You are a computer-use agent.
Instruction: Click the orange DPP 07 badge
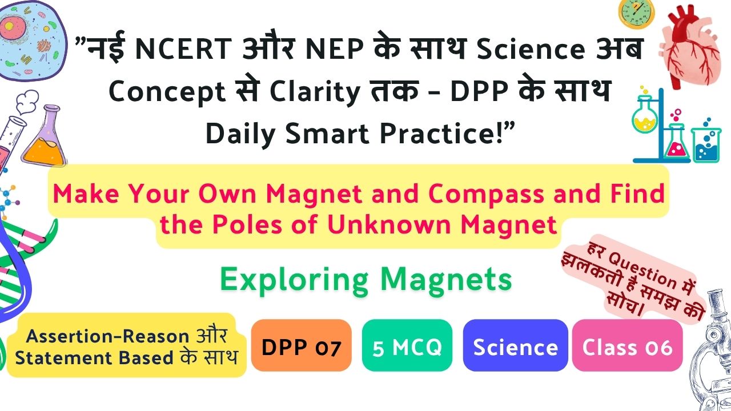pos(301,345)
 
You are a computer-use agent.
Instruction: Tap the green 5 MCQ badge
pos(407,345)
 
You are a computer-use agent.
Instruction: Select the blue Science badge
pos(515,345)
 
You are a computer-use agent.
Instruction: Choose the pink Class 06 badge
pos(627,345)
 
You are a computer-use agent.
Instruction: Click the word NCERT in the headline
pos(183,49)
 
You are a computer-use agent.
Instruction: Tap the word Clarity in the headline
pos(315,92)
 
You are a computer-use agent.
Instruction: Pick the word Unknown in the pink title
pos(389,224)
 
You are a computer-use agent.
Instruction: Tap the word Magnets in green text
pos(446,279)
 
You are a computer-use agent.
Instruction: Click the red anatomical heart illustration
pos(690,46)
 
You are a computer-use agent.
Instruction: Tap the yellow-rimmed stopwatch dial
pos(636,14)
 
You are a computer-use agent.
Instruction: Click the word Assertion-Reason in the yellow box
pos(107,336)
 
